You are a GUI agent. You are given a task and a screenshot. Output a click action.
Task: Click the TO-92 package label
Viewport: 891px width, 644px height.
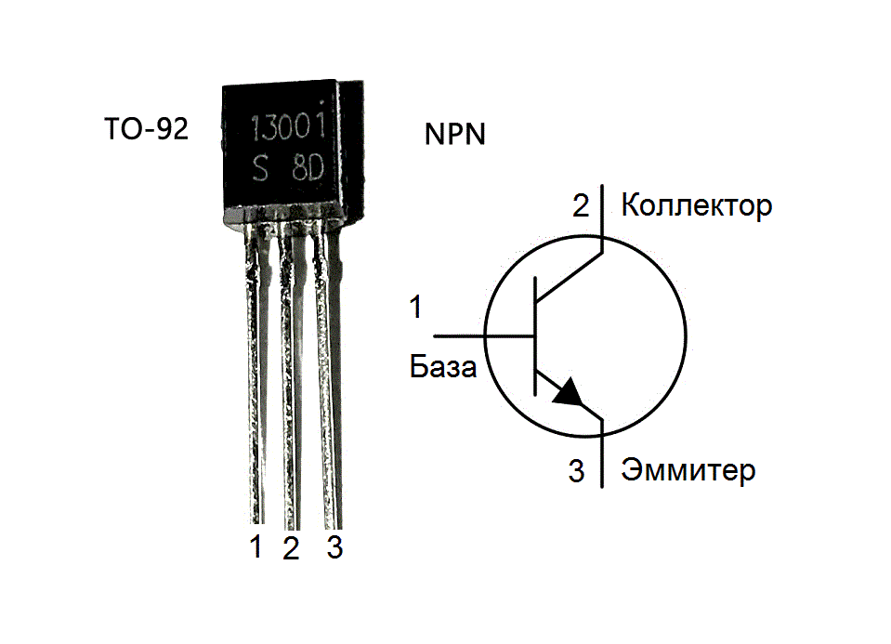147,129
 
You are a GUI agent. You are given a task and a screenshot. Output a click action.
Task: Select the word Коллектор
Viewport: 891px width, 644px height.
696,204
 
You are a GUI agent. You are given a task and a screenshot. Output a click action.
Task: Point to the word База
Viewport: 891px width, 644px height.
443,368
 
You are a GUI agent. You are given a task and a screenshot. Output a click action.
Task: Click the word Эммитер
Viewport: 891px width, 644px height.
688,470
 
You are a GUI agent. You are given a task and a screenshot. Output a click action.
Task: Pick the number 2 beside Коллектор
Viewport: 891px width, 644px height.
581,205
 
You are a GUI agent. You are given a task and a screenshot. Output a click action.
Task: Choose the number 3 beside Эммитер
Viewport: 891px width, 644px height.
577,472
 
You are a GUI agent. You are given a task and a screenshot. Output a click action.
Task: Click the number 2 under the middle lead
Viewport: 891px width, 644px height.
291,548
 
